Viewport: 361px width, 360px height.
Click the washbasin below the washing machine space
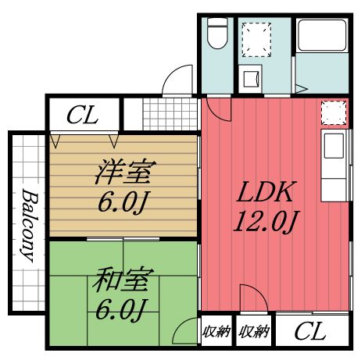251,79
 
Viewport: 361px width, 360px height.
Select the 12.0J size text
266,223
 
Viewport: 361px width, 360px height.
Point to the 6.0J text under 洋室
123,203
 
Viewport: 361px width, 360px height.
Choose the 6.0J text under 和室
123,310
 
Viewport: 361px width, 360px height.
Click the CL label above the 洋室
82,117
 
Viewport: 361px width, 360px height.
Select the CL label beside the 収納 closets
310,333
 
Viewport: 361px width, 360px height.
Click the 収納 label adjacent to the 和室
216,332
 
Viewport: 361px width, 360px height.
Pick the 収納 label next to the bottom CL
254,332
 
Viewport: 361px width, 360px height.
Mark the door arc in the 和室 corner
186,331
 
